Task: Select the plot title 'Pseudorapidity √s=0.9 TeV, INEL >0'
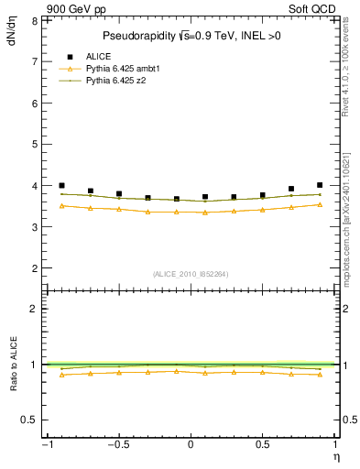point(189,37)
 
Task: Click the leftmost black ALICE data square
point(61,185)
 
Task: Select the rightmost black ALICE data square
point(320,185)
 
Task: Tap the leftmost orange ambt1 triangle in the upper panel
point(61,206)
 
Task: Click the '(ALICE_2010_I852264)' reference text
point(190,274)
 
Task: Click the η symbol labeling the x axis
point(336,455)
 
